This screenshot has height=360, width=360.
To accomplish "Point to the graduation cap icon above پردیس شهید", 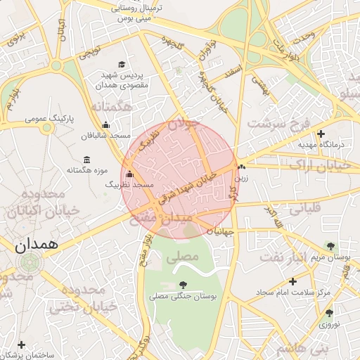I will [123, 65].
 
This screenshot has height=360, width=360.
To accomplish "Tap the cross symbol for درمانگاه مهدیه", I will [321, 134].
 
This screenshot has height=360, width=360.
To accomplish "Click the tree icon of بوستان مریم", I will [330, 246].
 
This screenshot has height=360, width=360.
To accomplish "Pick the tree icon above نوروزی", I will [328, 313].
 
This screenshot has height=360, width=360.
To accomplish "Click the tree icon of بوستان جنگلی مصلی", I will [184, 285].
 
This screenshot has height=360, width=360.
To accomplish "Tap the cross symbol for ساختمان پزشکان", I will [22, 345].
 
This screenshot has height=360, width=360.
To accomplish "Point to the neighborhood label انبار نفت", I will [285, 257].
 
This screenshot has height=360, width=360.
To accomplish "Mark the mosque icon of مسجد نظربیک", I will [129, 174].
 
